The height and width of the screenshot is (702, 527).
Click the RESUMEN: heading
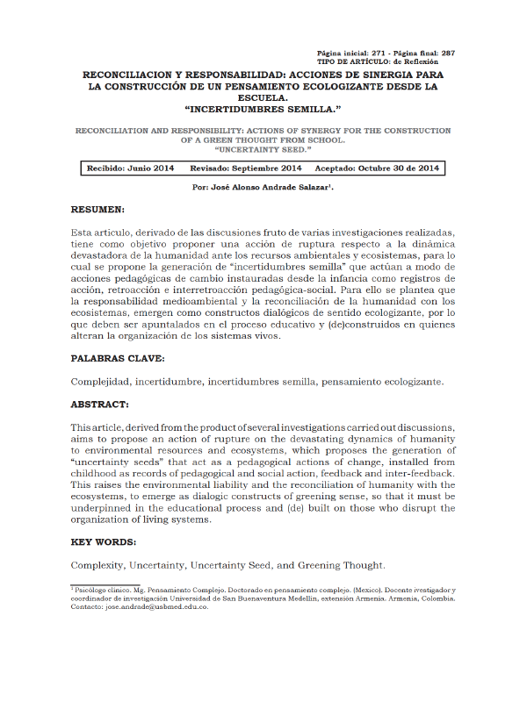[97, 210]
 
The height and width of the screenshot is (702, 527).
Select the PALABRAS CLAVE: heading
[116, 359]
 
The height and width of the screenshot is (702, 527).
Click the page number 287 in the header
[447, 54]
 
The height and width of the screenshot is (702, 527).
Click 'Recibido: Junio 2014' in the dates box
[130, 168]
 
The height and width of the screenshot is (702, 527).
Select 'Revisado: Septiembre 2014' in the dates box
[246, 168]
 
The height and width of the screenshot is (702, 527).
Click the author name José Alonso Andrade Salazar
[271, 188]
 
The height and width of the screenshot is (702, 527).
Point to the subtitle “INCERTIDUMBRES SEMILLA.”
[263, 108]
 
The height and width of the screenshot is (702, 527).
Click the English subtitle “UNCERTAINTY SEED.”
[263, 148]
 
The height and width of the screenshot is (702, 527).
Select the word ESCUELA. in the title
[263, 97]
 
